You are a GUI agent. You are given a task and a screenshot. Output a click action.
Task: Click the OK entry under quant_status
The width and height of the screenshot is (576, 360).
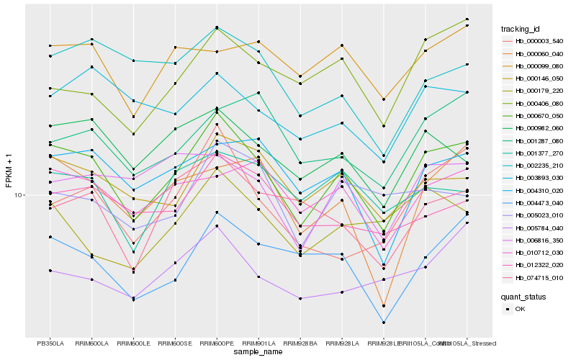point(520,308)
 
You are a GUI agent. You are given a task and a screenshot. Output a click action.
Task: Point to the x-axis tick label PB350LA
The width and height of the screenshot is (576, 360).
point(50,343)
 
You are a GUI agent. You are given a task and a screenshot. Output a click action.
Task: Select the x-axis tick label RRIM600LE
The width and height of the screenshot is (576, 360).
point(134,343)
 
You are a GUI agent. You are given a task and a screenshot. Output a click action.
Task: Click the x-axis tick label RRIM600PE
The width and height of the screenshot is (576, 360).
point(217,343)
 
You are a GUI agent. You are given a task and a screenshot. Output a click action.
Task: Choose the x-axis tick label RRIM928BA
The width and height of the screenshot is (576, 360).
point(300,343)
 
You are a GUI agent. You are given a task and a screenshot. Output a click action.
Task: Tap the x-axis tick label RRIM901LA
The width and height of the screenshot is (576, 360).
point(258,343)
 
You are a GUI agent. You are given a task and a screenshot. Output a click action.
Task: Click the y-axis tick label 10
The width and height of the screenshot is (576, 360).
point(19,195)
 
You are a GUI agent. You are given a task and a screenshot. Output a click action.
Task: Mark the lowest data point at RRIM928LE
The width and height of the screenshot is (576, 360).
point(384,323)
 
